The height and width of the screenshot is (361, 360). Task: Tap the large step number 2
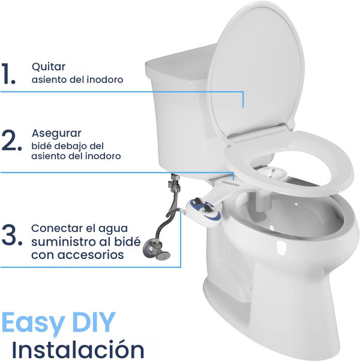point(11,142)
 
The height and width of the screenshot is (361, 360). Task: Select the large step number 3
point(12,237)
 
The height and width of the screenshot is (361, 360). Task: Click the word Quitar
point(49,67)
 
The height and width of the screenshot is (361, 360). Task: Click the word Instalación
point(78,349)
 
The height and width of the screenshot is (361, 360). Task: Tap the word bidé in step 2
point(40,146)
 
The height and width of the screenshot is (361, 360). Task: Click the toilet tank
point(180,108)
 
